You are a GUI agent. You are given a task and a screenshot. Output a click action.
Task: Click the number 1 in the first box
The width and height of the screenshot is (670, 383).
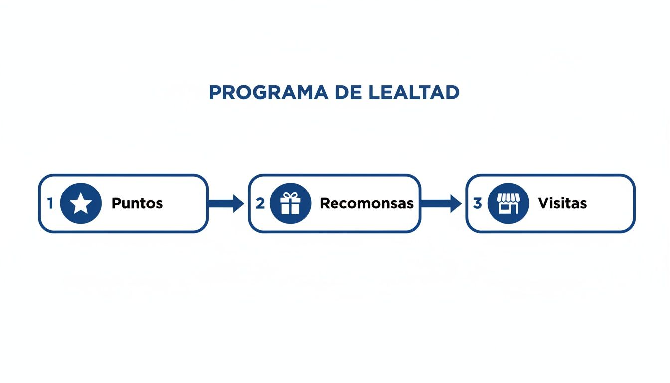(50, 203)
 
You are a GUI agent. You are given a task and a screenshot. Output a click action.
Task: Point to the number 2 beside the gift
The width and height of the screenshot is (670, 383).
(260, 203)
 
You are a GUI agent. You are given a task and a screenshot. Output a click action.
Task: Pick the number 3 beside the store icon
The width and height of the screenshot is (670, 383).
(477, 203)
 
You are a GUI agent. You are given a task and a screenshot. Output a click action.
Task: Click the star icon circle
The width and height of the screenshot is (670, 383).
(81, 203)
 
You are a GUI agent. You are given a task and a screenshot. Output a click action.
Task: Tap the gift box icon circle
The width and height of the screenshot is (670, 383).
(290, 203)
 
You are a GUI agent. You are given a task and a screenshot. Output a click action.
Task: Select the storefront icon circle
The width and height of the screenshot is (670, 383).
(508, 203)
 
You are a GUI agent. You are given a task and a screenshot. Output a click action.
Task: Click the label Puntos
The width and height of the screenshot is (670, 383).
(137, 203)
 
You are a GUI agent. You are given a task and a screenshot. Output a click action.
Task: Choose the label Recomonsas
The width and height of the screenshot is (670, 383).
(366, 203)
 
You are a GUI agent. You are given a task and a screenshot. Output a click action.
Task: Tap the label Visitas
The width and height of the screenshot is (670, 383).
(562, 203)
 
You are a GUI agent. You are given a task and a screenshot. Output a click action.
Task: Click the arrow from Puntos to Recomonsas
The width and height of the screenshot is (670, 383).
(226, 203)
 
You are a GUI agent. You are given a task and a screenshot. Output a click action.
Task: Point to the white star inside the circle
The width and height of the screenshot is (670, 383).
(81, 204)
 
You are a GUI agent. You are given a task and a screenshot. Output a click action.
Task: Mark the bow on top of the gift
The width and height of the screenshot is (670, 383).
(290, 195)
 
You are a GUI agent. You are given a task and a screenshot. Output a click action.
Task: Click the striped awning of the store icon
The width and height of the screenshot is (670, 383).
(508, 198)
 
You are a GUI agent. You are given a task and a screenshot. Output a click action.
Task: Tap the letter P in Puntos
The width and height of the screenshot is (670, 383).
(116, 203)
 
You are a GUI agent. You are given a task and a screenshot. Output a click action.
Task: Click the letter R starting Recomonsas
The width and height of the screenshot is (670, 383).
(325, 203)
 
